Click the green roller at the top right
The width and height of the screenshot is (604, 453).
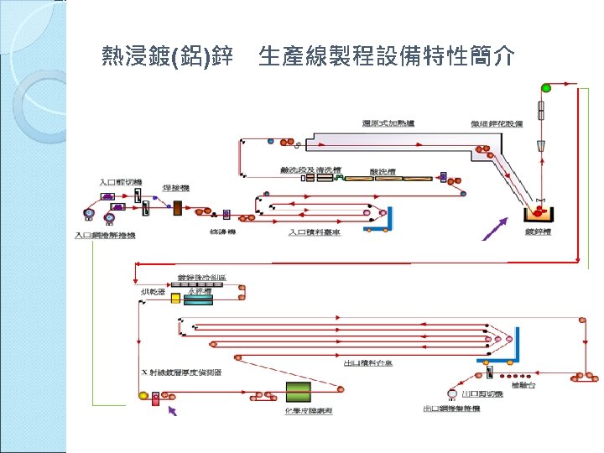click(x=547, y=87)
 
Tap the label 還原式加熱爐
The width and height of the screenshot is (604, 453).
click(x=388, y=123)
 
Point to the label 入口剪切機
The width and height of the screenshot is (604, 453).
click(x=121, y=182)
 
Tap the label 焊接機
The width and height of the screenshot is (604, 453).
click(x=177, y=188)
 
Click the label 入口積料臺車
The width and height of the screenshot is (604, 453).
click(x=315, y=232)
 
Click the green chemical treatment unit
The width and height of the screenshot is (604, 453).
click(x=298, y=392)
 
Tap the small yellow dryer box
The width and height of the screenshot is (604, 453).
click(x=175, y=299)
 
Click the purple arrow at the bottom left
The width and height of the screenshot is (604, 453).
click(x=173, y=410)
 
